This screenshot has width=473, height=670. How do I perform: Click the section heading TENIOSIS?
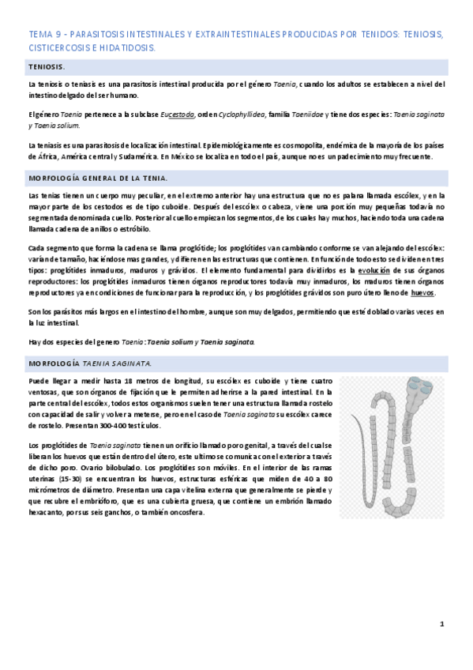click(x=47, y=68)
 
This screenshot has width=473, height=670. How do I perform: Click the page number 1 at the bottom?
click(x=442, y=624)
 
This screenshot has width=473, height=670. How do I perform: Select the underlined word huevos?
click(x=422, y=293)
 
